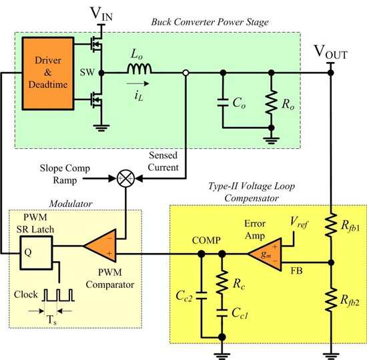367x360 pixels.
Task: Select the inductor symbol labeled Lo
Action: [138, 70]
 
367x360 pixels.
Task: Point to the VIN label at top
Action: [101, 13]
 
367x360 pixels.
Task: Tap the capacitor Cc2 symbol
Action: [200, 297]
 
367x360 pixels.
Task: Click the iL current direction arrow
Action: [138, 85]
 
